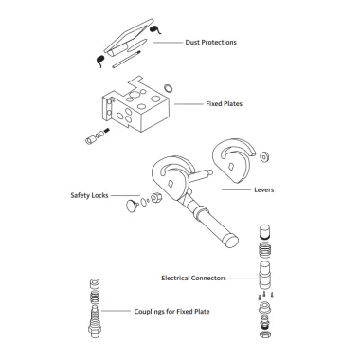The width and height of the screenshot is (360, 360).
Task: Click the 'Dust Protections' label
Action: pos(210,42)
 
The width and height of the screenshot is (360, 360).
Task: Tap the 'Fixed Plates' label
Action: pos(225,103)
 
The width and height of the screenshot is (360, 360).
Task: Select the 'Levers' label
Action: pos(264,189)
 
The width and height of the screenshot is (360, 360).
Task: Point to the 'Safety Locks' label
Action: pos(89,195)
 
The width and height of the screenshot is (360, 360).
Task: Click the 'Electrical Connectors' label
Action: pos(193,279)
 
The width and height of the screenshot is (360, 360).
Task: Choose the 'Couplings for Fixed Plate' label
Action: pos(171,312)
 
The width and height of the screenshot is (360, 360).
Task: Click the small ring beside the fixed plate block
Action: pos(169,88)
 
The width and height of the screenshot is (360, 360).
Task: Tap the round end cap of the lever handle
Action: pos(232,242)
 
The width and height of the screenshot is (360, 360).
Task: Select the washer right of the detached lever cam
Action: pos(264,156)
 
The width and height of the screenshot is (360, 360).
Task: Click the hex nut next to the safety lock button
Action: pos(156,198)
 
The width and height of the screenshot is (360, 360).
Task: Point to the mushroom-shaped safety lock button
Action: pos(132,206)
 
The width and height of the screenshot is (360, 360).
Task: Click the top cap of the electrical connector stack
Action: pos(264,231)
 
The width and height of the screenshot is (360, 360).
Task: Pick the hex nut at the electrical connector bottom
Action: pos(264,333)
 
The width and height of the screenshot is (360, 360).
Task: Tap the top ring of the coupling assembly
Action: pos(95,283)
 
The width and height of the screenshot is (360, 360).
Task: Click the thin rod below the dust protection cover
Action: pos(126,59)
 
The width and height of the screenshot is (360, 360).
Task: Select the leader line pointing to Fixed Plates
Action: pos(189,103)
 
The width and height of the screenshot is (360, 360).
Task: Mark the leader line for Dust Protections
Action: pos(168,42)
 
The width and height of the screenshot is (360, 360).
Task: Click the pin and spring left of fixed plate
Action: pos(97,136)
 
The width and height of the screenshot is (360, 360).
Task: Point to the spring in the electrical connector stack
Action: pos(264,250)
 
